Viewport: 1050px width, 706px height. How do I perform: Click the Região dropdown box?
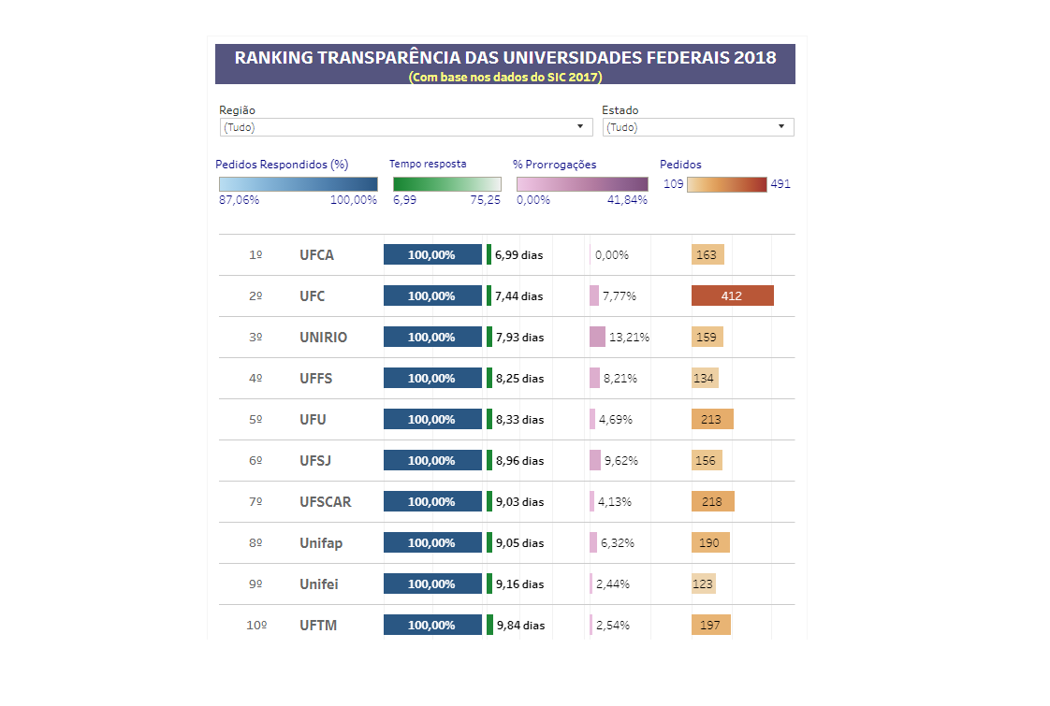405,127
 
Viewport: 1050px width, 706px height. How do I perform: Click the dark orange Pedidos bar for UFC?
732,295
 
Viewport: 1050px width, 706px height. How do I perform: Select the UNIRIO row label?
323,338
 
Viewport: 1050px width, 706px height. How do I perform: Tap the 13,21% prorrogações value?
629,338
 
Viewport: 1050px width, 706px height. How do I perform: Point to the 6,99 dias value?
518,254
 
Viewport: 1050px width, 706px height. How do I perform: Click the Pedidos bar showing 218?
712,501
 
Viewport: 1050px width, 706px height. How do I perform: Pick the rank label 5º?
255,420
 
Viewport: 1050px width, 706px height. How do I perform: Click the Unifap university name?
321,543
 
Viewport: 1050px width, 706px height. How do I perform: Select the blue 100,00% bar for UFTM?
432,625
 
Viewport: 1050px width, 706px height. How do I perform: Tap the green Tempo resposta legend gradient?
446,184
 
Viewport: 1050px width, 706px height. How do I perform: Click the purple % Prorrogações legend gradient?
581,184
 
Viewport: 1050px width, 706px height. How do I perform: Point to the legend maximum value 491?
780,184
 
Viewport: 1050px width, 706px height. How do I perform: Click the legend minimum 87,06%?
239,200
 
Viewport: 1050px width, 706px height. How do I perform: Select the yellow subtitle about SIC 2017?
504,77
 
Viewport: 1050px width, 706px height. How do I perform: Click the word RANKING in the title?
273,57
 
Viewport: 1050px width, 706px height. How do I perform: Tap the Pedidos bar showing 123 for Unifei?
703,584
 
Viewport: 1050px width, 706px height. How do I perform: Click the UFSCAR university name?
326,502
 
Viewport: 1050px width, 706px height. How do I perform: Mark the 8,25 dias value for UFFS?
519,379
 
